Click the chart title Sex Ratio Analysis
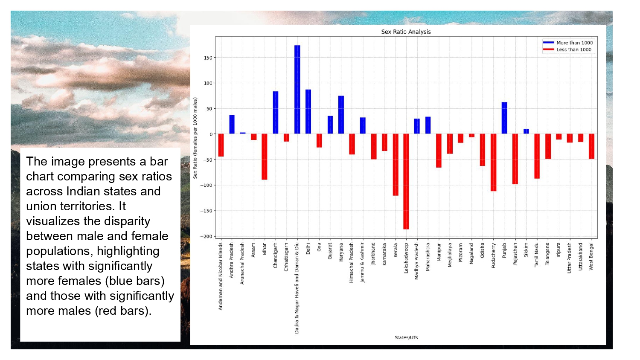[406, 32]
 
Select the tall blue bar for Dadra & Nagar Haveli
[297, 90]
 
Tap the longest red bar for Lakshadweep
[406, 181]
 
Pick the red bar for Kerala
[396, 165]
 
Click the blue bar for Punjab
[504, 118]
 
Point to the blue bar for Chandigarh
[276, 113]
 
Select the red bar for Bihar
[265, 157]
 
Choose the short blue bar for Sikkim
[526, 131]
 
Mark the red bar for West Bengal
[591, 146]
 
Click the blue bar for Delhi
[308, 112]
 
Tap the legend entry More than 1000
[574, 43]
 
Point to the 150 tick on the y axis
[208, 58]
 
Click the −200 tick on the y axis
[207, 236]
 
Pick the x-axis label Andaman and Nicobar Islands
[221, 276]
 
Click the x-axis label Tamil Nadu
[537, 255]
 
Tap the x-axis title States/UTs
[406, 337]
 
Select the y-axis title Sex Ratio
[195, 138]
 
